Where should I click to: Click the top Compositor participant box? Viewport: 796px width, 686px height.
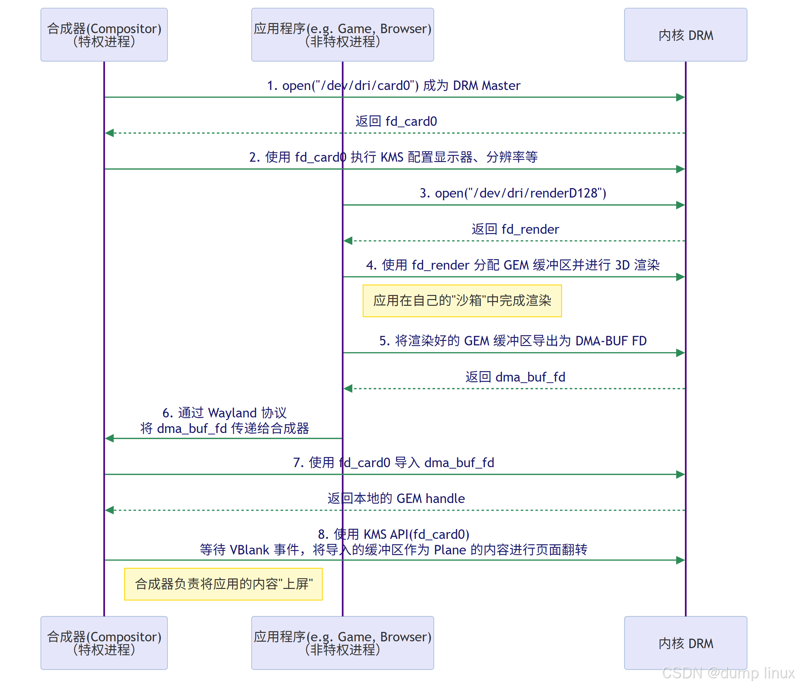point(104,35)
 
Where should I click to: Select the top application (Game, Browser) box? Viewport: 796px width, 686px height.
point(342,35)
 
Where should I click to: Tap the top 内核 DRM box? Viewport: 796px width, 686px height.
point(685,35)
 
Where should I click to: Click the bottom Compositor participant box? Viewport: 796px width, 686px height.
point(104,643)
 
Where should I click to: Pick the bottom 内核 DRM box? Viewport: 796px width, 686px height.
point(685,643)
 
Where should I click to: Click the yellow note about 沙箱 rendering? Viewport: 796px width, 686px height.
point(462,301)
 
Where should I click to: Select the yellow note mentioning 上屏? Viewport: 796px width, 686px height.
point(223,584)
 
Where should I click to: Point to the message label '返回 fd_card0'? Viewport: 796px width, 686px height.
point(396,121)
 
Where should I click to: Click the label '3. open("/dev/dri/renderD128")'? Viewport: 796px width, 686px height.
point(513,193)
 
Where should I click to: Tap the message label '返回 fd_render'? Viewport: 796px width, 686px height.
point(515,229)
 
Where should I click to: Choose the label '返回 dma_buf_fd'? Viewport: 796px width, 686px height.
point(515,377)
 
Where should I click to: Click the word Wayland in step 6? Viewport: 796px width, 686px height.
point(233,413)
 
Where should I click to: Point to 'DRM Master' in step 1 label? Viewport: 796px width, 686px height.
point(487,85)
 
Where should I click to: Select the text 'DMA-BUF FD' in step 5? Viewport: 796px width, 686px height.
point(611,341)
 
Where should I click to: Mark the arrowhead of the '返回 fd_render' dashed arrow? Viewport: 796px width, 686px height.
point(348,241)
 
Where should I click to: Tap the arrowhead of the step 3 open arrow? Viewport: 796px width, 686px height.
point(680,205)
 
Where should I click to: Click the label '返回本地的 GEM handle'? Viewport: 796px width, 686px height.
point(396,498)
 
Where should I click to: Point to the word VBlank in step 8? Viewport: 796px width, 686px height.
point(249,550)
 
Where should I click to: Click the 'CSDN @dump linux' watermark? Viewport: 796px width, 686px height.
point(728,673)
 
